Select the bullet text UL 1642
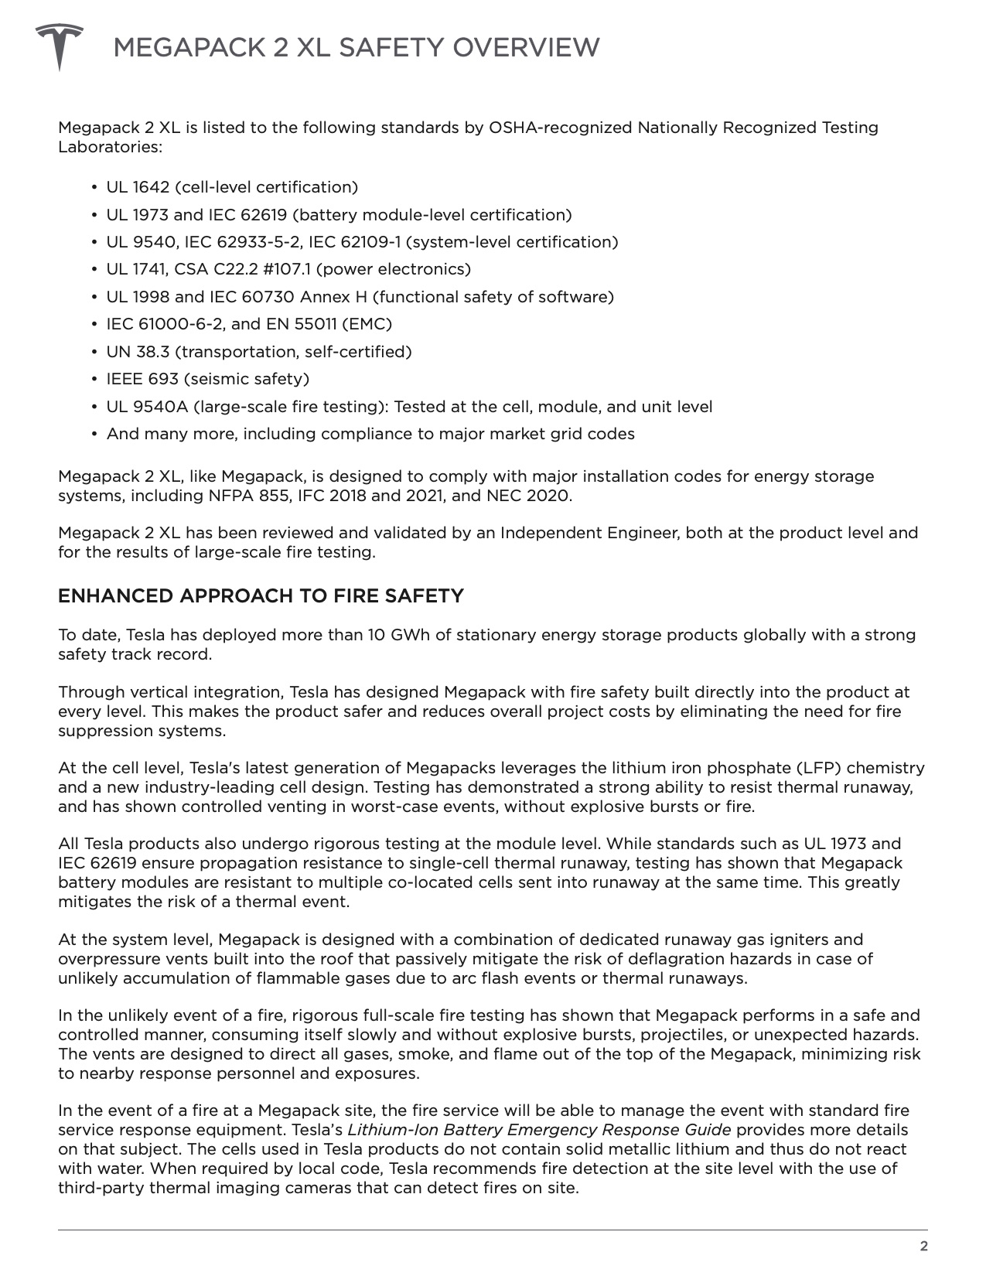coord(133,187)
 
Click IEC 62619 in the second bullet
coord(247,215)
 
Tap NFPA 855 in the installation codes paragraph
coord(241,496)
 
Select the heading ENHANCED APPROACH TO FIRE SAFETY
coord(261,596)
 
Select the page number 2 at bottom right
coord(923,1246)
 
